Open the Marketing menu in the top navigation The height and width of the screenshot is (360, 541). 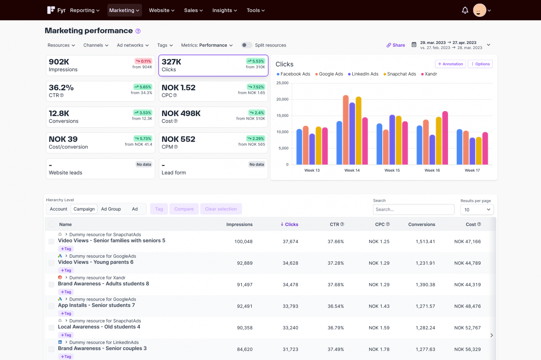124,10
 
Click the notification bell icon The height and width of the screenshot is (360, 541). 465,10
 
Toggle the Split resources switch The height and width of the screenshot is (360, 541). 247,45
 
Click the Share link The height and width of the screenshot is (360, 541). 396,45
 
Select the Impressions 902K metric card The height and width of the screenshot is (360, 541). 100,65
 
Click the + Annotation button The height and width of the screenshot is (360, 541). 450,64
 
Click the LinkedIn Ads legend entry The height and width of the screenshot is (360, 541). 363,74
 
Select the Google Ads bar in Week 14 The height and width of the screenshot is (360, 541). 346,130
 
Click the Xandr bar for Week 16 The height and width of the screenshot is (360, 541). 445,138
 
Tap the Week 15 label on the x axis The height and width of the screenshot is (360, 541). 392,170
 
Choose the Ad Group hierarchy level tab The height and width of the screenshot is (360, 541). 111,209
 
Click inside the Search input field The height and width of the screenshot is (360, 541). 413,209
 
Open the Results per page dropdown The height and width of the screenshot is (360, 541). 477,210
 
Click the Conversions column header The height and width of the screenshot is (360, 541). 421,224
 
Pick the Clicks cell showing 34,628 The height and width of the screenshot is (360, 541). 290,263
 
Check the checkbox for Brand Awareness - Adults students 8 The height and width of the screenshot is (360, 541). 51,284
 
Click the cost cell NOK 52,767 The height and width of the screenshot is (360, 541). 467,328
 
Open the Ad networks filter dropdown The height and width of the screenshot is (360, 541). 133,45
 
